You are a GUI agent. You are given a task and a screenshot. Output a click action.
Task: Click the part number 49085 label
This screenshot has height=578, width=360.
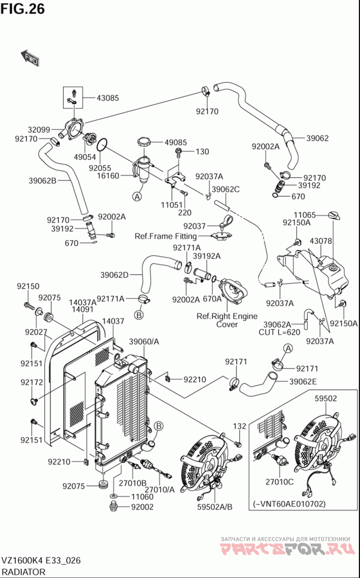click(x=175, y=142)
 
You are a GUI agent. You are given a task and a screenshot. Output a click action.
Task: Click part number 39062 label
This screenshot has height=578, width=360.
click(x=318, y=138)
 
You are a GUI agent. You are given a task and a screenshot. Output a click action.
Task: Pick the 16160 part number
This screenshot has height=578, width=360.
click(x=108, y=176)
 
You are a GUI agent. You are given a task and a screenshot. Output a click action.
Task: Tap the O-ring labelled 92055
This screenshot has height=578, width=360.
click(x=102, y=145)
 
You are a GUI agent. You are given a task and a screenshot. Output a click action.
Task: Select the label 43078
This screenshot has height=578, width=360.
click(x=320, y=241)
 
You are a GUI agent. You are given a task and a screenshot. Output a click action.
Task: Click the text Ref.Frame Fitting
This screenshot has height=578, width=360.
click(x=166, y=236)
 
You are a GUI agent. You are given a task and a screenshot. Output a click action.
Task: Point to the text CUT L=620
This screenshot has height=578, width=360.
click(x=279, y=332)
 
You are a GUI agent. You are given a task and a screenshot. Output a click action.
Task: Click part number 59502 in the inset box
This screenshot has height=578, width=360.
click(x=326, y=398)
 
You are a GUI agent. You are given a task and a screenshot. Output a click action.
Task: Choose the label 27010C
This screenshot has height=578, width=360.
click(x=279, y=482)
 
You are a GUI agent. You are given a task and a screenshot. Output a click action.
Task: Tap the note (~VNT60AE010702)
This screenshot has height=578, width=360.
click(x=289, y=503)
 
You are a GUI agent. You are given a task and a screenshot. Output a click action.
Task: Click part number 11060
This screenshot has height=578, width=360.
click(x=142, y=497)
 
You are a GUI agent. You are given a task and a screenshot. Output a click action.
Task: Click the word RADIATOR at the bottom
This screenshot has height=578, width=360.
click(x=23, y=572)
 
